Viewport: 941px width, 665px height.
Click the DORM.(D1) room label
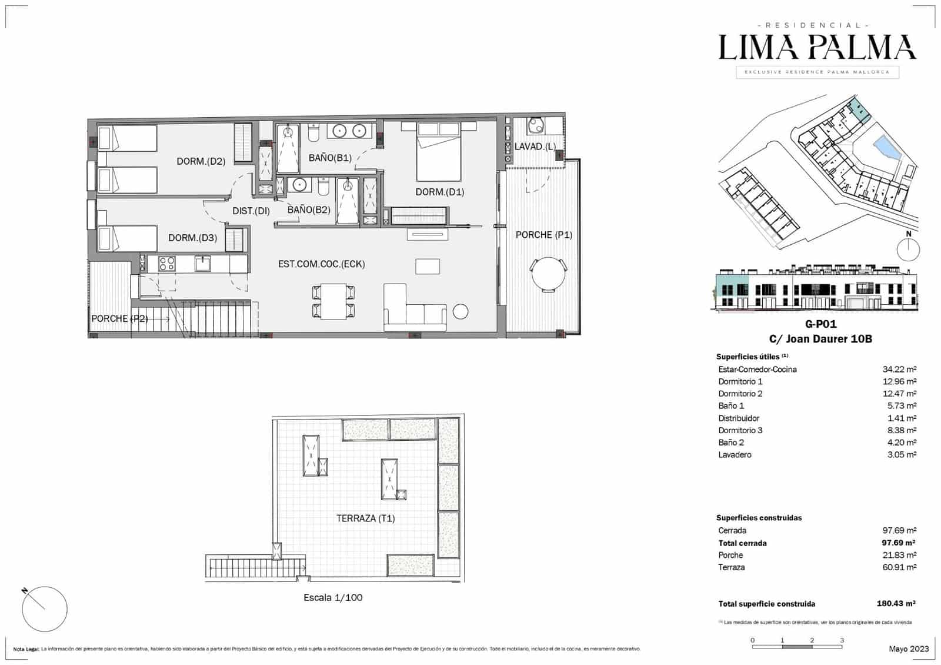(x=439, y=192)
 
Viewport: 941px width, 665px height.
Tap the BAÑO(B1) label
(x=330, y=158)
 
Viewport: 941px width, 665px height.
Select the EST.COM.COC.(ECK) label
(x=321, y=264)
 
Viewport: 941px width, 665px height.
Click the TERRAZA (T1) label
(x=365, y=518)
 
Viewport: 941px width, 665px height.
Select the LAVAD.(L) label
(x=535, y=147)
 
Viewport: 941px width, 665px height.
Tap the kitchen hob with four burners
(x=166, y=264)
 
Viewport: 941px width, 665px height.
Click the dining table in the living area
(x=333, y=301)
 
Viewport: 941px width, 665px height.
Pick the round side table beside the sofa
(x=461, y=311)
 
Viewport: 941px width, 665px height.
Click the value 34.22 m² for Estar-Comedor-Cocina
(x=899, y=370)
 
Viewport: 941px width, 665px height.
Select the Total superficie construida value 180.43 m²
(x=896, y=604)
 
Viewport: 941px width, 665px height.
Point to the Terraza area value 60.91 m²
(x=899, y=567)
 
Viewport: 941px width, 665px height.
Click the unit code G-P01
(x=820, y=324)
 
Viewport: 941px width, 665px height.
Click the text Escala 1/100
(x=333, y=597)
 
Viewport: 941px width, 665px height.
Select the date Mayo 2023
(x=909, y=649)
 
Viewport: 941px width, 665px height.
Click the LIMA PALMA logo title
(x=817, y=48)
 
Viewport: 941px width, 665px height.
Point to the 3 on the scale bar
(x=842, y=640)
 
